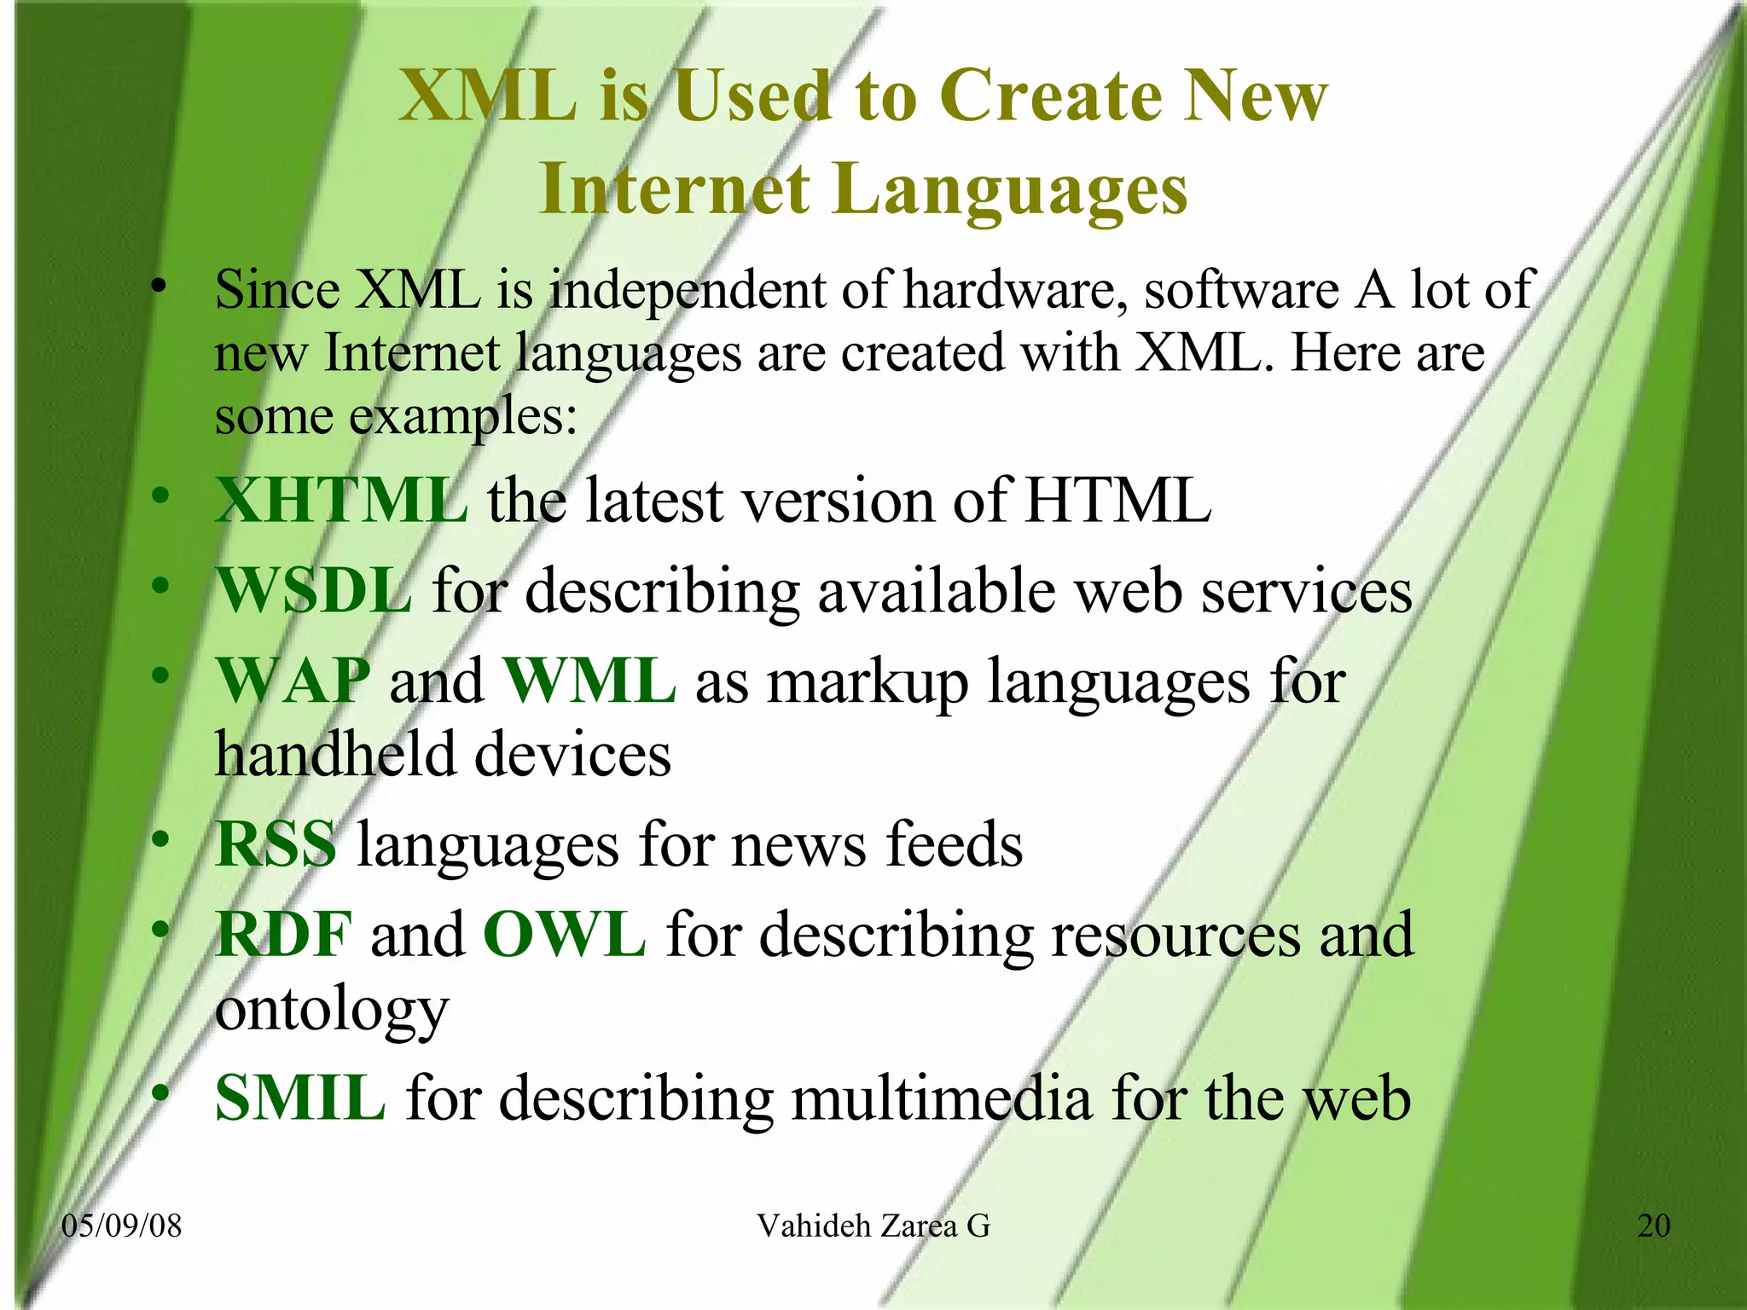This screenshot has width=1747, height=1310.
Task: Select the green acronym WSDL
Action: click(314, 590)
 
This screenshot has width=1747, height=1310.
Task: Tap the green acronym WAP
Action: click(293, 681)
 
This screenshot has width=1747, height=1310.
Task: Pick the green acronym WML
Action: click(590, 681)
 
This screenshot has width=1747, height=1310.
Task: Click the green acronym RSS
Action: click(276, 844)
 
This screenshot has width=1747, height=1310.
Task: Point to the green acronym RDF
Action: click(283, 935)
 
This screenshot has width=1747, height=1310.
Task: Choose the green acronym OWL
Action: click(564, 935)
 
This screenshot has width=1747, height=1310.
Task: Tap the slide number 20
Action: click(1653, 1226)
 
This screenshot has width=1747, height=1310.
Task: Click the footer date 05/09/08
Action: click(122, 1226)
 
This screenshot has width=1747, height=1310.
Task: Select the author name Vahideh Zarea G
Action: click(873, 1226)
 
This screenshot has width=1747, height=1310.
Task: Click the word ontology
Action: click(332, 1011)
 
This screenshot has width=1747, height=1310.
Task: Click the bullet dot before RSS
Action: click(160, 840)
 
